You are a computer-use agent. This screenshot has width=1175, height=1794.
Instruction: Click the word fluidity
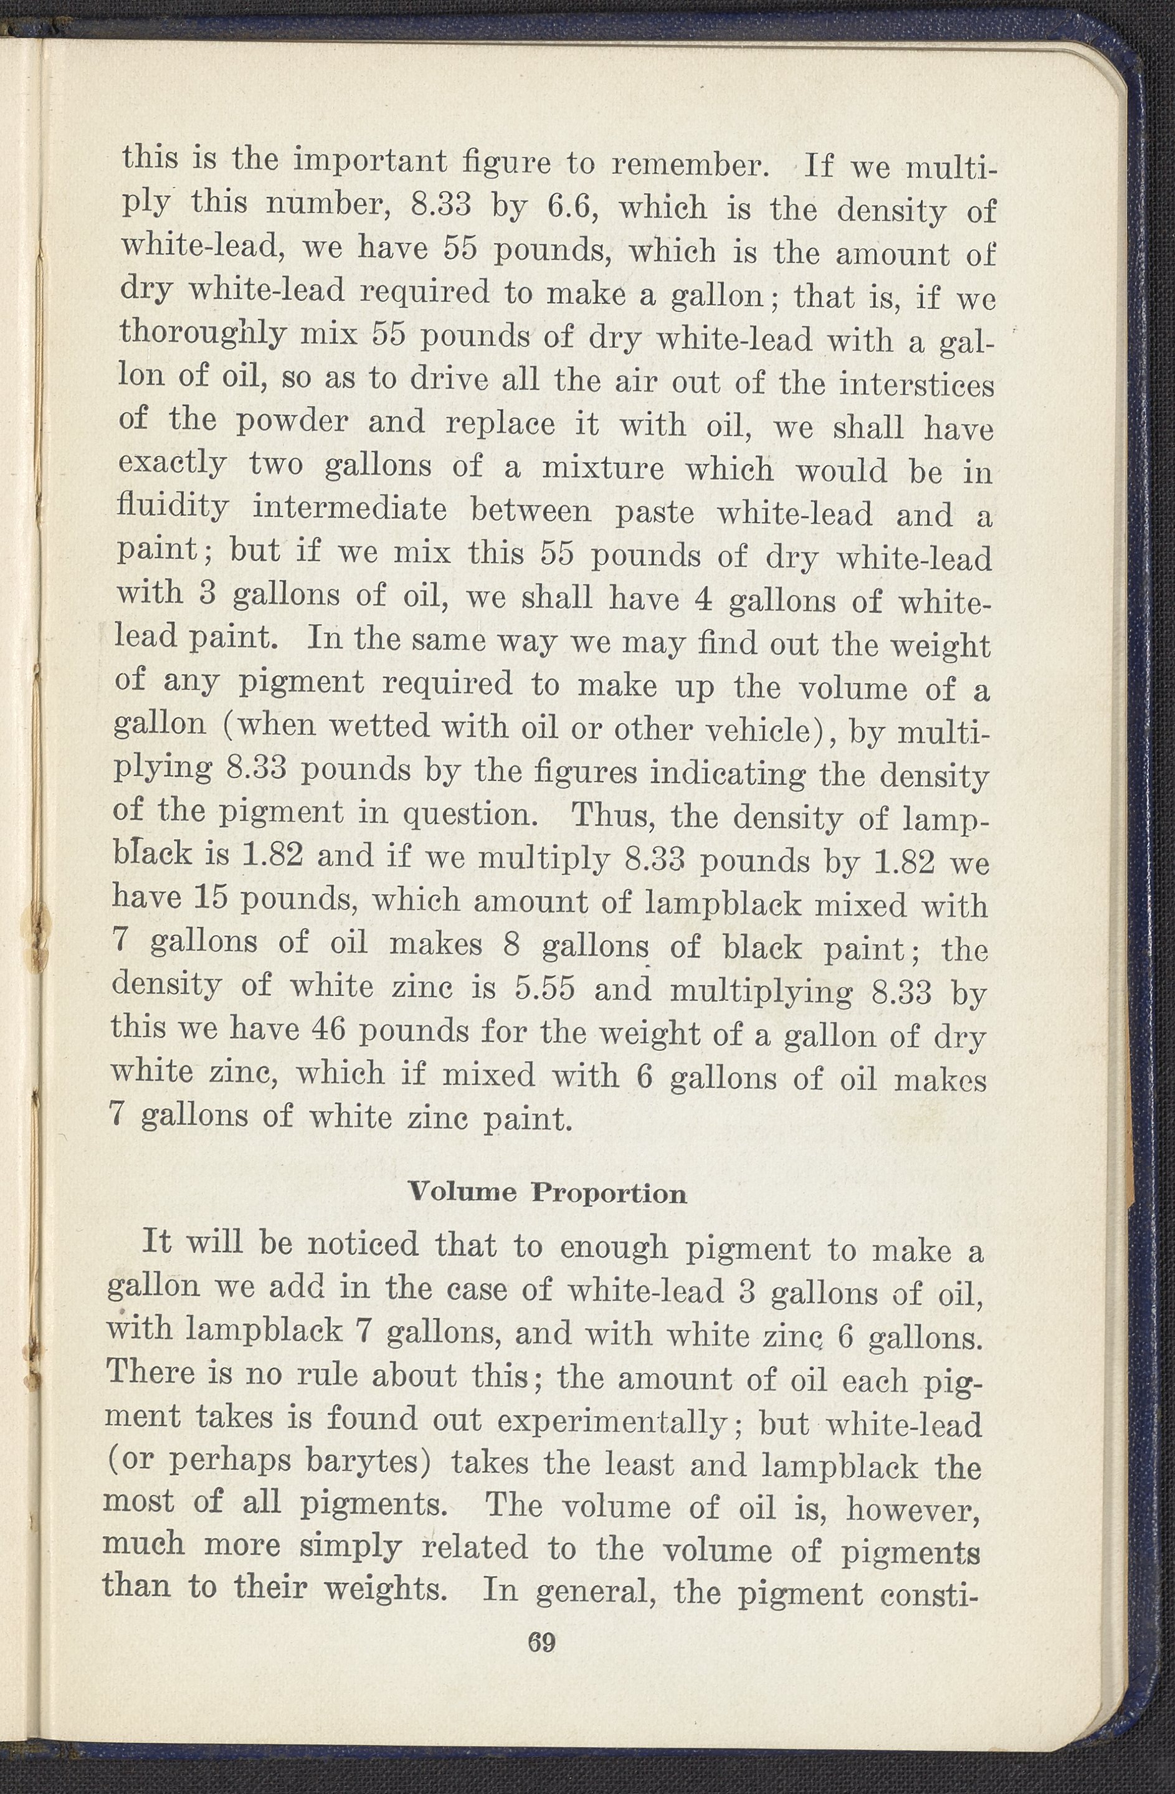tap(173, 506)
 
